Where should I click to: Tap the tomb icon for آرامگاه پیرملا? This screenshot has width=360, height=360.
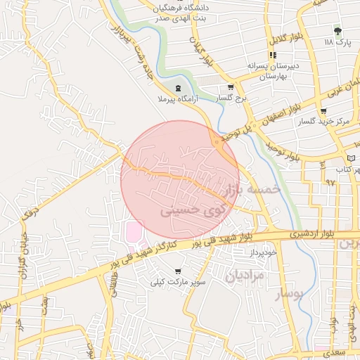coord(176,89)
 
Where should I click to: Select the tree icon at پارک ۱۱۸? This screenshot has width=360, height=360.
coord(337,31)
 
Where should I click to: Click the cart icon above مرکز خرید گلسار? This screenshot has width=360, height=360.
coord(323,111)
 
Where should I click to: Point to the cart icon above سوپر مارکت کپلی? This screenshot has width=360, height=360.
coord(177,271)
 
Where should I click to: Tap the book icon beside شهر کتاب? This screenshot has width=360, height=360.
coord(352,157)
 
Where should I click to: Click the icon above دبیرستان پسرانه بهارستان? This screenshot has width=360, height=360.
coord(272,56)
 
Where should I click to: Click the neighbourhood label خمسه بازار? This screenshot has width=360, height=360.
coord(251,190)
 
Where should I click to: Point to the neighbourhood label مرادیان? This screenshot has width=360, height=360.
coord(245,276)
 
